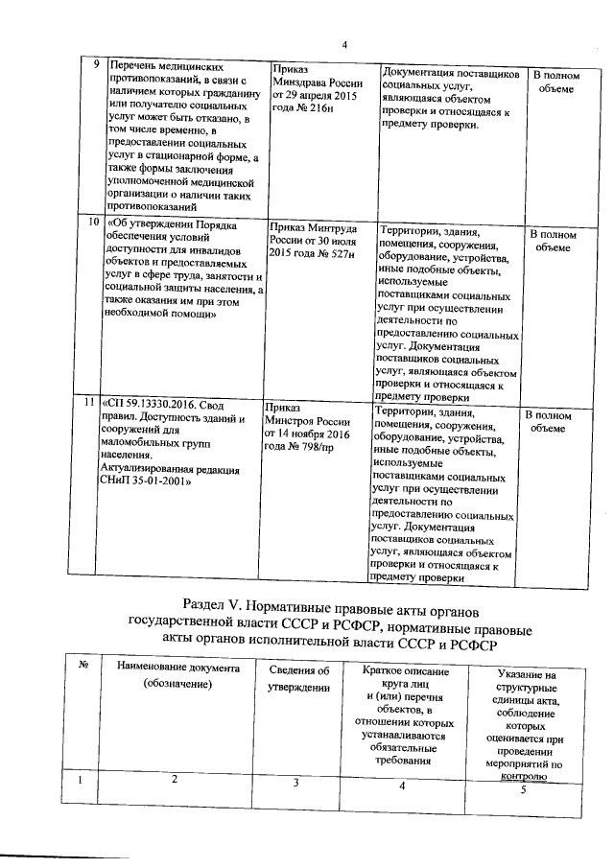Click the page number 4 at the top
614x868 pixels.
coord(343,44)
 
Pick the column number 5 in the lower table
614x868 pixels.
coord(523,790)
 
